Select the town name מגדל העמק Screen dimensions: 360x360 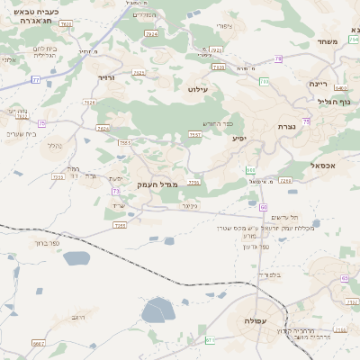(x=159, y=184)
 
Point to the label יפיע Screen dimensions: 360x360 (x=240, y=139)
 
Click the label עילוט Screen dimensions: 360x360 (x=198, y=90)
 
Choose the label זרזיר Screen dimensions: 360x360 (x=107, y=78)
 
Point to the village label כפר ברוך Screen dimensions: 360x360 (x=42, y=242)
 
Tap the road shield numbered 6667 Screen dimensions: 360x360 (x=38, y=343)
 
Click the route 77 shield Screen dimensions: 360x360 (x=36, y=80)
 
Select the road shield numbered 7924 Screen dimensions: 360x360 (x=150, y=33)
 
